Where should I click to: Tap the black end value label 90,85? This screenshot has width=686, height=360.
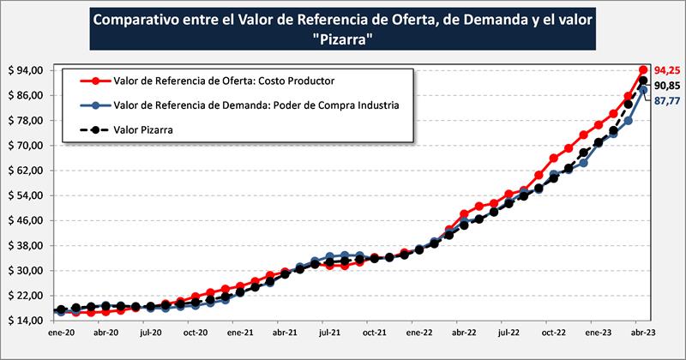(x=667, y=86)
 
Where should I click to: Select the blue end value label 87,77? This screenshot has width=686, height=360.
(x=667, y=101)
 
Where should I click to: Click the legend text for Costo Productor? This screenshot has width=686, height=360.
(x=223, y=81)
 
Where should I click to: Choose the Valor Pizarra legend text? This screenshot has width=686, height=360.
(x=152, y=130)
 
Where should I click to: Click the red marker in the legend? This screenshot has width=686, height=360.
(x=95, y=81)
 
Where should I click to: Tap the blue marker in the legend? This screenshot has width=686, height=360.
(x=95, y=105)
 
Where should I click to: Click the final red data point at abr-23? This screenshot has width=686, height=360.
(x=643, y=70)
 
